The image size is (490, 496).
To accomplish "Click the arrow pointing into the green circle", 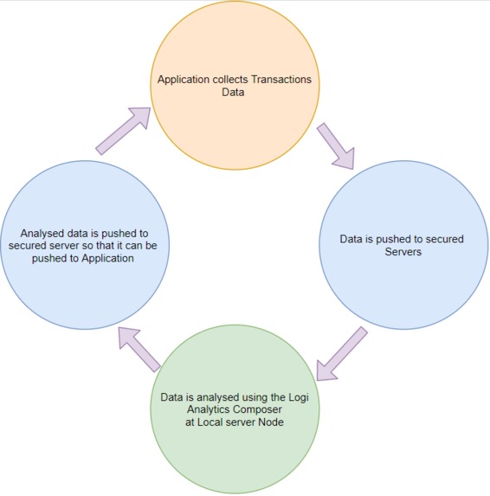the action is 341,354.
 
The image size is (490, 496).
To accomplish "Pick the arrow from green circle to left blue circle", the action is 139,350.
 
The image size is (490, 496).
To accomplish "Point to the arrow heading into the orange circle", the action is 124,131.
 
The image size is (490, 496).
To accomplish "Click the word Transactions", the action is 281,79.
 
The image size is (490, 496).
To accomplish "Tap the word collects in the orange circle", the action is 230,79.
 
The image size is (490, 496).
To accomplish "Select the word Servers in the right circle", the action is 403,252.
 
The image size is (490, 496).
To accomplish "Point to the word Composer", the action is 258,409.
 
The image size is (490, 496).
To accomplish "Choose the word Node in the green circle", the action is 271,422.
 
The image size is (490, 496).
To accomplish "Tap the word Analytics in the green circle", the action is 209,409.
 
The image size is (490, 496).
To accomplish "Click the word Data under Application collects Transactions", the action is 233,93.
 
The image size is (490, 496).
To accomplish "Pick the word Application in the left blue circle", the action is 107,259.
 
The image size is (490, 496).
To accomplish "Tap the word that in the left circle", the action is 109,246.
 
